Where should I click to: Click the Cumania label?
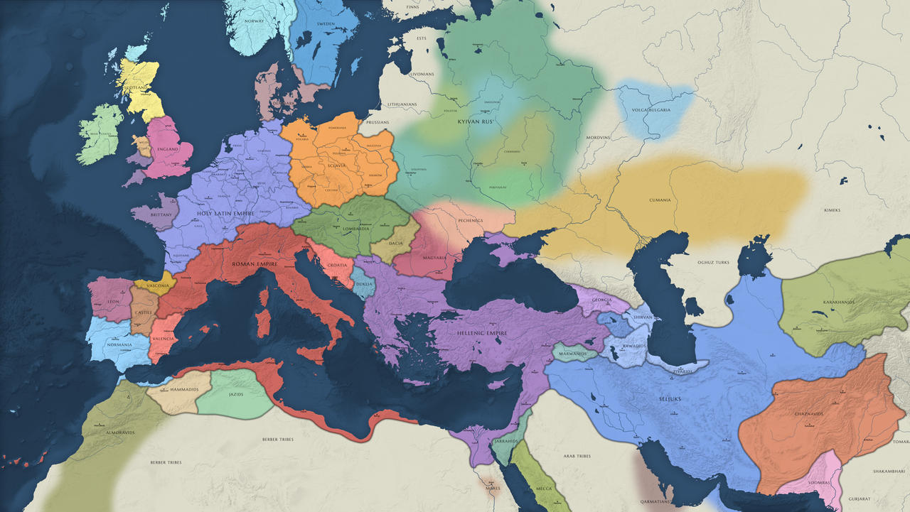660,200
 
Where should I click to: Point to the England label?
168,150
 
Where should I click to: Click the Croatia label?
337,265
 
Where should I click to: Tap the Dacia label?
396,244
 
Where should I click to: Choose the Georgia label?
601,300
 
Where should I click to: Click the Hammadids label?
183,390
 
